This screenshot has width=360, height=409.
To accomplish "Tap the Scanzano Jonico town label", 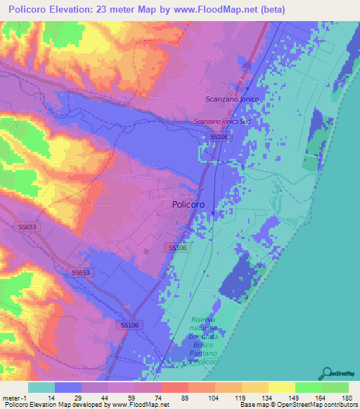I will pos(233,100).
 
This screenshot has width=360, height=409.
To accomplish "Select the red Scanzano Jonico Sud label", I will pos(221,122).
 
